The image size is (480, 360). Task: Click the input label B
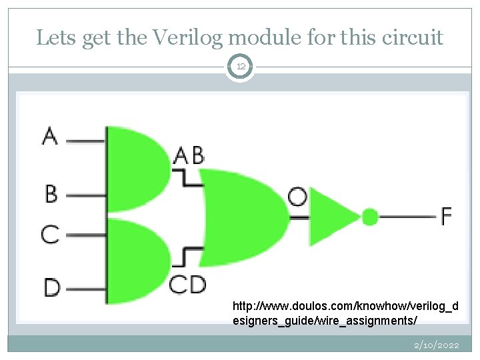click(51, 194)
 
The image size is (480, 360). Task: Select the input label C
click(50, 234)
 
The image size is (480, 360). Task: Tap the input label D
click(51, 288)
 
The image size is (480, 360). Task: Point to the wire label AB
click(189, 155)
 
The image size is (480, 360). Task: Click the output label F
click(446, 215)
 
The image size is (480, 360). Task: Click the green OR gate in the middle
click(243, 217)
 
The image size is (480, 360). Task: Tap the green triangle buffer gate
click(332, 217)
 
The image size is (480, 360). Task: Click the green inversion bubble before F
click(370, 216)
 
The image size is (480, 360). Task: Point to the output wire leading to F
click(407, 216)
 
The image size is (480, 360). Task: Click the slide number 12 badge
click(240, 67)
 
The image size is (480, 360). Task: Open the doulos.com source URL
click(345, 314)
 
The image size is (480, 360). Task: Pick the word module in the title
click(273, 38)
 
